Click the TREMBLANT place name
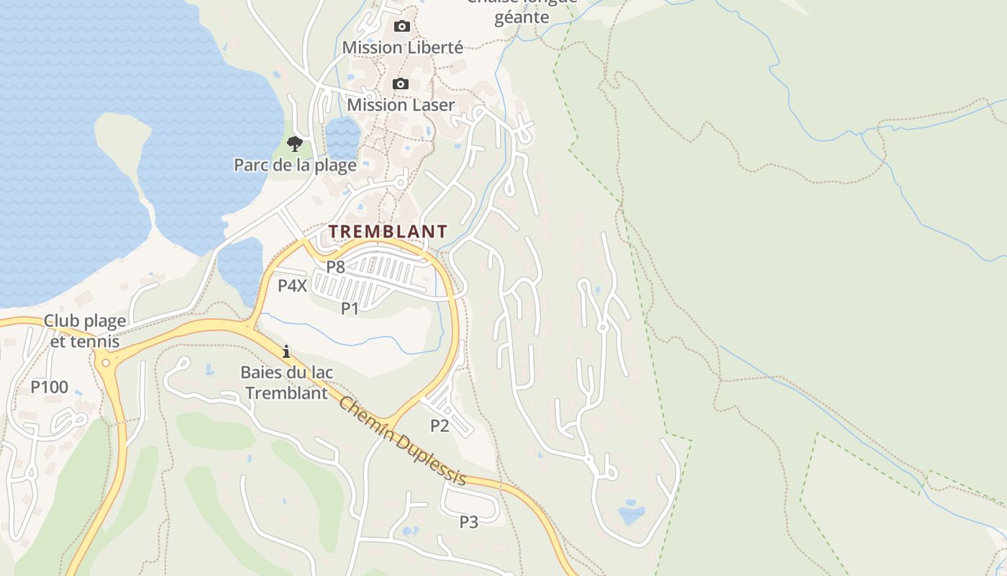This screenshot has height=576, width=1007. [388, 232]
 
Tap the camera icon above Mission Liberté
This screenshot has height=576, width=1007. [401, 27]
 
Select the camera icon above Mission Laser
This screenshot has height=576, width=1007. [401, 84]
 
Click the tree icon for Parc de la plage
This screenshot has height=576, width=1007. [294, 143]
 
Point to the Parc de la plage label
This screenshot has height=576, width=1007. [295, 166]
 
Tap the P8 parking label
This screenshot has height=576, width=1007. [336, 266]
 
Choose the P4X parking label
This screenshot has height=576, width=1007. [293, 286]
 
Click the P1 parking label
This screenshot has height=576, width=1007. [350, 309]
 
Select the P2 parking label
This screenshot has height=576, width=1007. [439, 426]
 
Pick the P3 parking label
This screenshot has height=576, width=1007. [469, 521]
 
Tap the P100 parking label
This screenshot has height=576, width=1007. [49, 387]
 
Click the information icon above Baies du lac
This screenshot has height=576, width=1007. [286, 351]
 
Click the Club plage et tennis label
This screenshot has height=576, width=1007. [85, 330]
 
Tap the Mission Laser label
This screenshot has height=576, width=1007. [401, 105]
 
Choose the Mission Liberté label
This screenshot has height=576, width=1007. [402, 48]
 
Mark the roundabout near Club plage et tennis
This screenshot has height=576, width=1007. [109, 361]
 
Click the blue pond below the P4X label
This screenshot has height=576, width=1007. [240, 266]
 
